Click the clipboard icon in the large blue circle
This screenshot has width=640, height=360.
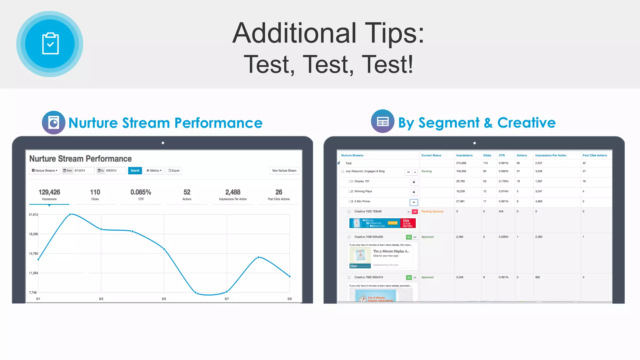(50, 44)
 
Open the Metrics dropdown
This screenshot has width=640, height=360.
(154, 171)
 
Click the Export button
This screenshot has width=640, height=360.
(174, 171)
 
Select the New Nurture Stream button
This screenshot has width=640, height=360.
(284, 171)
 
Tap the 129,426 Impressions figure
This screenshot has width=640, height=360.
(49, 192)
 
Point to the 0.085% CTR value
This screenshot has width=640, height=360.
(141, 192)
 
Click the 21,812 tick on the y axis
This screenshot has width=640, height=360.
(33, 215)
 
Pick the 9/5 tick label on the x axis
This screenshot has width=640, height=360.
(164, 299)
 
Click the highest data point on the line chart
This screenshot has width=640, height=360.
(70, 214)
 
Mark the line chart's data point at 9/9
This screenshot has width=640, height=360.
(290, 276)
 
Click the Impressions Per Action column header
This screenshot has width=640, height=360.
(551, 155)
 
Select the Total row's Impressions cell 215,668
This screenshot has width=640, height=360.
(461, 163)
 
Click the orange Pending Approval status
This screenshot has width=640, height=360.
(432, 212)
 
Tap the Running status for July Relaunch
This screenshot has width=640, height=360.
(426, 171)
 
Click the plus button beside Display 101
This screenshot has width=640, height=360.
(414, 182)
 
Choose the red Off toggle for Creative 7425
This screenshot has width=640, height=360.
(415, 212)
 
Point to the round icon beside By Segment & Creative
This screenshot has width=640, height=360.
(382, 121)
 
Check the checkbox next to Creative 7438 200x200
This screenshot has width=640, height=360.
(349, 237)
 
